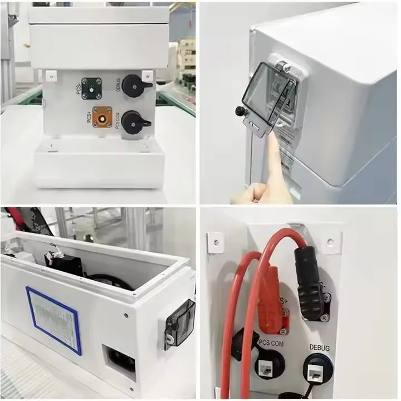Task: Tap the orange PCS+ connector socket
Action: (x=102, y=118)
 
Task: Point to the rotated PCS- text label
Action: (x=79, y=87)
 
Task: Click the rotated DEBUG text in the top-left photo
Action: (x=119, y=85)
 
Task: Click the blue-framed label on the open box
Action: (x=53, y=320)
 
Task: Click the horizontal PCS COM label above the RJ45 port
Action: (x=271, y=344)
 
